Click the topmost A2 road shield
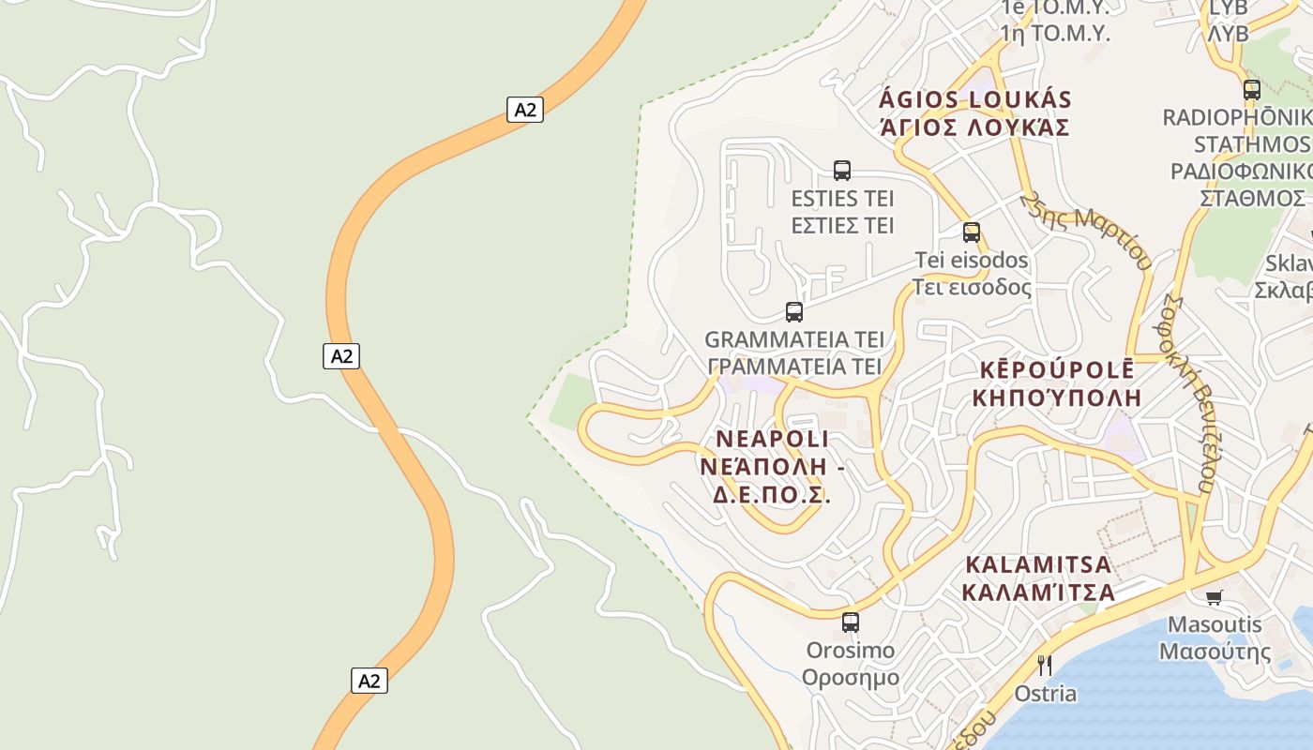click(525, 110)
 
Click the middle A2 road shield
click(341, 356)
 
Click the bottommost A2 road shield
click(370, 681)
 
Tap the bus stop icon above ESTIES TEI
click(842, 171)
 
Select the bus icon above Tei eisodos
click(972, 232)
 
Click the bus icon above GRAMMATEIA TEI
click(794, 311)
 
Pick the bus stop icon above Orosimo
click(851, 622)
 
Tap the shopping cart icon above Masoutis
click(1215, 597)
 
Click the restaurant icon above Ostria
click(1045, 666)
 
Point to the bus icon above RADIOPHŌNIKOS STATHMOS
click(1252, 90)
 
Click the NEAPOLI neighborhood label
click(772, 439)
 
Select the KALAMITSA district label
click(1038, 565)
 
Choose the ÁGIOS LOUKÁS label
click(975, 100)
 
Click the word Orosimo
click(851, 651)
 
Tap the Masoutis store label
click(1215, 624)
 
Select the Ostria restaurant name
click(1045, 695)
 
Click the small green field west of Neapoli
click(571, 401)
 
